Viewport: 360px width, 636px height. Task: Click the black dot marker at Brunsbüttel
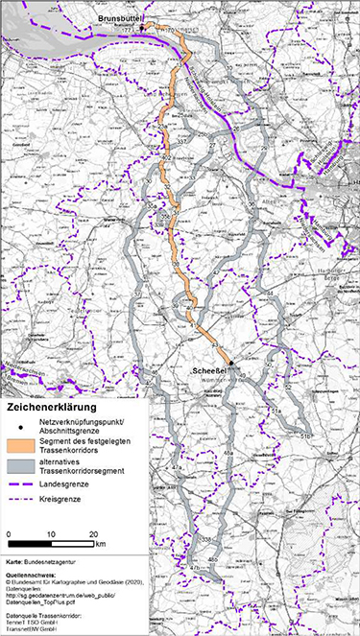point(142,29)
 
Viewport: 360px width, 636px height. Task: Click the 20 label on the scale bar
point(96,532)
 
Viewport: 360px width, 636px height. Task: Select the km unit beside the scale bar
point(101,544)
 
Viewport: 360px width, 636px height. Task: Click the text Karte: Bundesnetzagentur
point(42,557)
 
